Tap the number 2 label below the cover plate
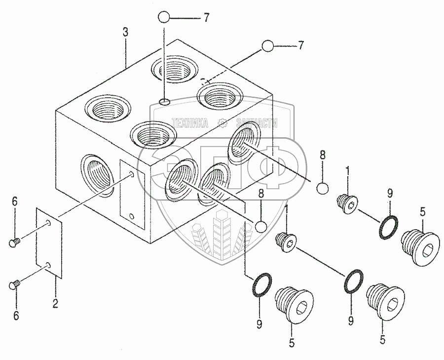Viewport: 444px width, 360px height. click(x=55, y=304)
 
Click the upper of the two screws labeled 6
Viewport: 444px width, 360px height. click(x=14, y=242)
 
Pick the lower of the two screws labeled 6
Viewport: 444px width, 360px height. click(x=14, y=284)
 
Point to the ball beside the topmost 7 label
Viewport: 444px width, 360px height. click(x=164, y=18)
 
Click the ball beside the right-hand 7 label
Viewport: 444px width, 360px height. click(x=268, y=46)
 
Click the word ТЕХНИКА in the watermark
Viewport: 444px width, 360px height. click(x=189, y=123)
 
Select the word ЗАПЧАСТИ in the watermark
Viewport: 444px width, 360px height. click(x=257, y=123)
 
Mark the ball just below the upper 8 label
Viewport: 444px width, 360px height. click(x=322, y=189)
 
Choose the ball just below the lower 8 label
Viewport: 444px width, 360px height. click(x=261, y=227)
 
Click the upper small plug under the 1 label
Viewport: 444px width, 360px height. click(x=347, y=202)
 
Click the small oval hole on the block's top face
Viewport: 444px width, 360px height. click(x=165, y=102)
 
